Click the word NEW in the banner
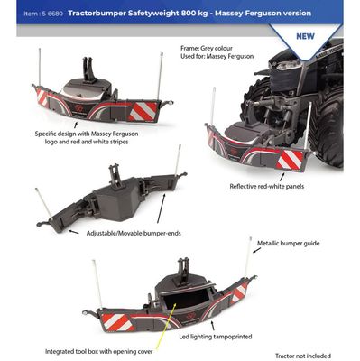305,36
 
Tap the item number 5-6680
52,14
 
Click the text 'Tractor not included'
303,356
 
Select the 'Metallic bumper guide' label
288,243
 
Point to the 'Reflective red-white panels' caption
267,186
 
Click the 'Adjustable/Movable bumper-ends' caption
134,233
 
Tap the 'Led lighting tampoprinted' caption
216,337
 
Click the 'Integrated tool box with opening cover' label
99,351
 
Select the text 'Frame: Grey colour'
207,48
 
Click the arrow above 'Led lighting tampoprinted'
213,326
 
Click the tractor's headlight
285,64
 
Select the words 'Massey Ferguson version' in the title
263,14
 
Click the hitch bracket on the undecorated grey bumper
115,175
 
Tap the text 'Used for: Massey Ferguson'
217,56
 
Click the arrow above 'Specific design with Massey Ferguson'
76,125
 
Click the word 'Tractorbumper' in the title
96,14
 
